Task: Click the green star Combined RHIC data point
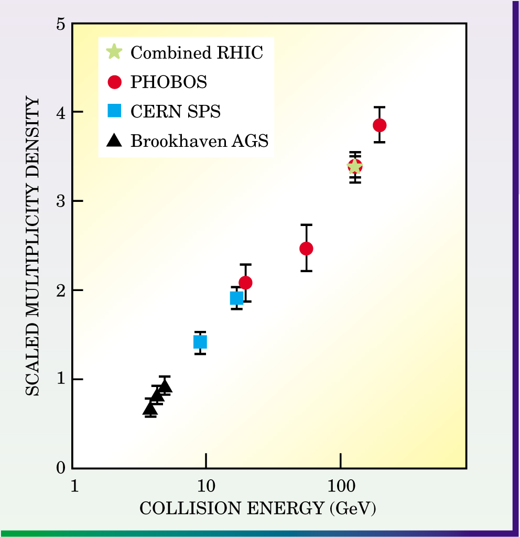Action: click(x=355, y=167)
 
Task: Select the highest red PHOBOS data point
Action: click(x=380, y=125)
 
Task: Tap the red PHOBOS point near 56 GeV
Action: click(x=306, y=249)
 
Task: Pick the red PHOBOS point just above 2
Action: click(x=245, y=283)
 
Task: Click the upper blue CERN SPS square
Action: click(x=236, y=298)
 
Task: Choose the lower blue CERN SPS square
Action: click(x=200, y=342)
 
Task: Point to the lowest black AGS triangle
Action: click(x=150, y=409)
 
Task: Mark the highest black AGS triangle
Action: click(x=165, y=386)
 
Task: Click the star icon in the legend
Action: click(x=114, y=52)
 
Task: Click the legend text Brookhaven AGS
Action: click(x=199, y=141)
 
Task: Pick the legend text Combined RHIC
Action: click(x=197, y=52)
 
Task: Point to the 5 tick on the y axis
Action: click(x=61, y=24)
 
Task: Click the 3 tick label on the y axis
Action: click(x=61, y=201)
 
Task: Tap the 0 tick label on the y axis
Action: click(x=61, y=468)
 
